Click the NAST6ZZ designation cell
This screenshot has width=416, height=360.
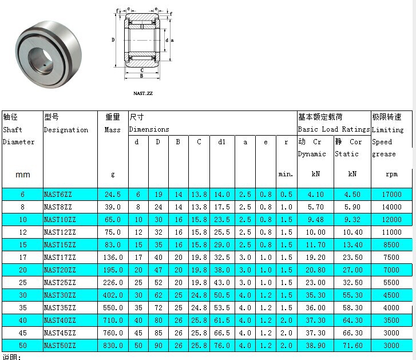pos(58,195)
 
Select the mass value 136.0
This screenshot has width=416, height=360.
pos(113,258)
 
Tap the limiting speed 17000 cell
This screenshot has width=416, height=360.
pos(391,195)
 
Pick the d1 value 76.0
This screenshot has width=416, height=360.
pos(222,346)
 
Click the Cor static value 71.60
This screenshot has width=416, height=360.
pos(352,346)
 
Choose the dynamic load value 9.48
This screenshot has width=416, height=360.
pos(316,220)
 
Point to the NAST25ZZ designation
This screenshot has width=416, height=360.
pos(60,283)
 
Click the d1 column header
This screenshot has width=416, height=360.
pos(222,142)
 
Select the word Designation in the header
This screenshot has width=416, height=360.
pos(66,130)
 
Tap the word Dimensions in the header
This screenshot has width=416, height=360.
pos(149,129)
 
